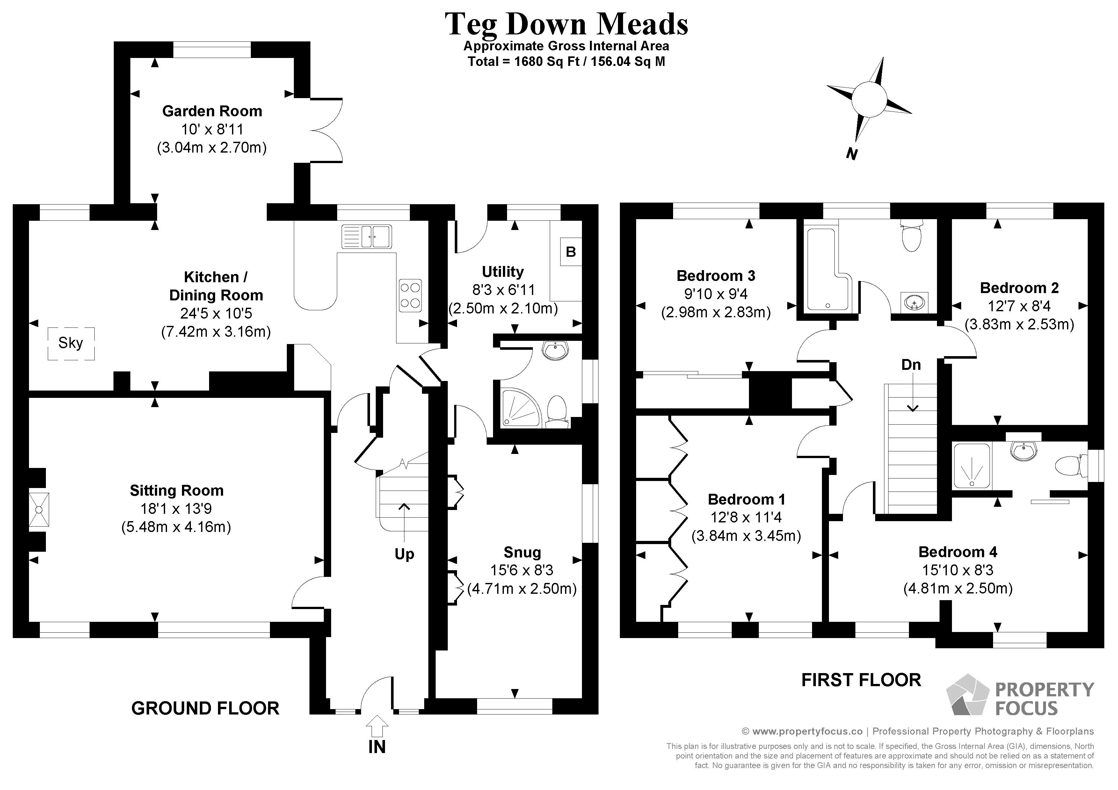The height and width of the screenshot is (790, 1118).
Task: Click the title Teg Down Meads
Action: [x=566, y=24]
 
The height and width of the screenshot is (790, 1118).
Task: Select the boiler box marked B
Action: [x=571, y=252]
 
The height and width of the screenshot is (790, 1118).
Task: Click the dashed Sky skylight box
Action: [x=71, y=344]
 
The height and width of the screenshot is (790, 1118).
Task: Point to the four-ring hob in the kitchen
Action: [x=410, y=296]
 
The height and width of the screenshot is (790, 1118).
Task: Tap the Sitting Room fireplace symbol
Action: [x=39, y=510]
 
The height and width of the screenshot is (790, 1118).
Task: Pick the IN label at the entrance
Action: [x=377, y=747]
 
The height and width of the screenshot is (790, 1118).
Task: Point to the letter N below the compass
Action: [x=852, y=154]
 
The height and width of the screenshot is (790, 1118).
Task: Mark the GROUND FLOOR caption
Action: [x=206, y=708]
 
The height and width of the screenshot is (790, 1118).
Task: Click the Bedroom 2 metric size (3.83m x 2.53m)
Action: [x=1019, y=324]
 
